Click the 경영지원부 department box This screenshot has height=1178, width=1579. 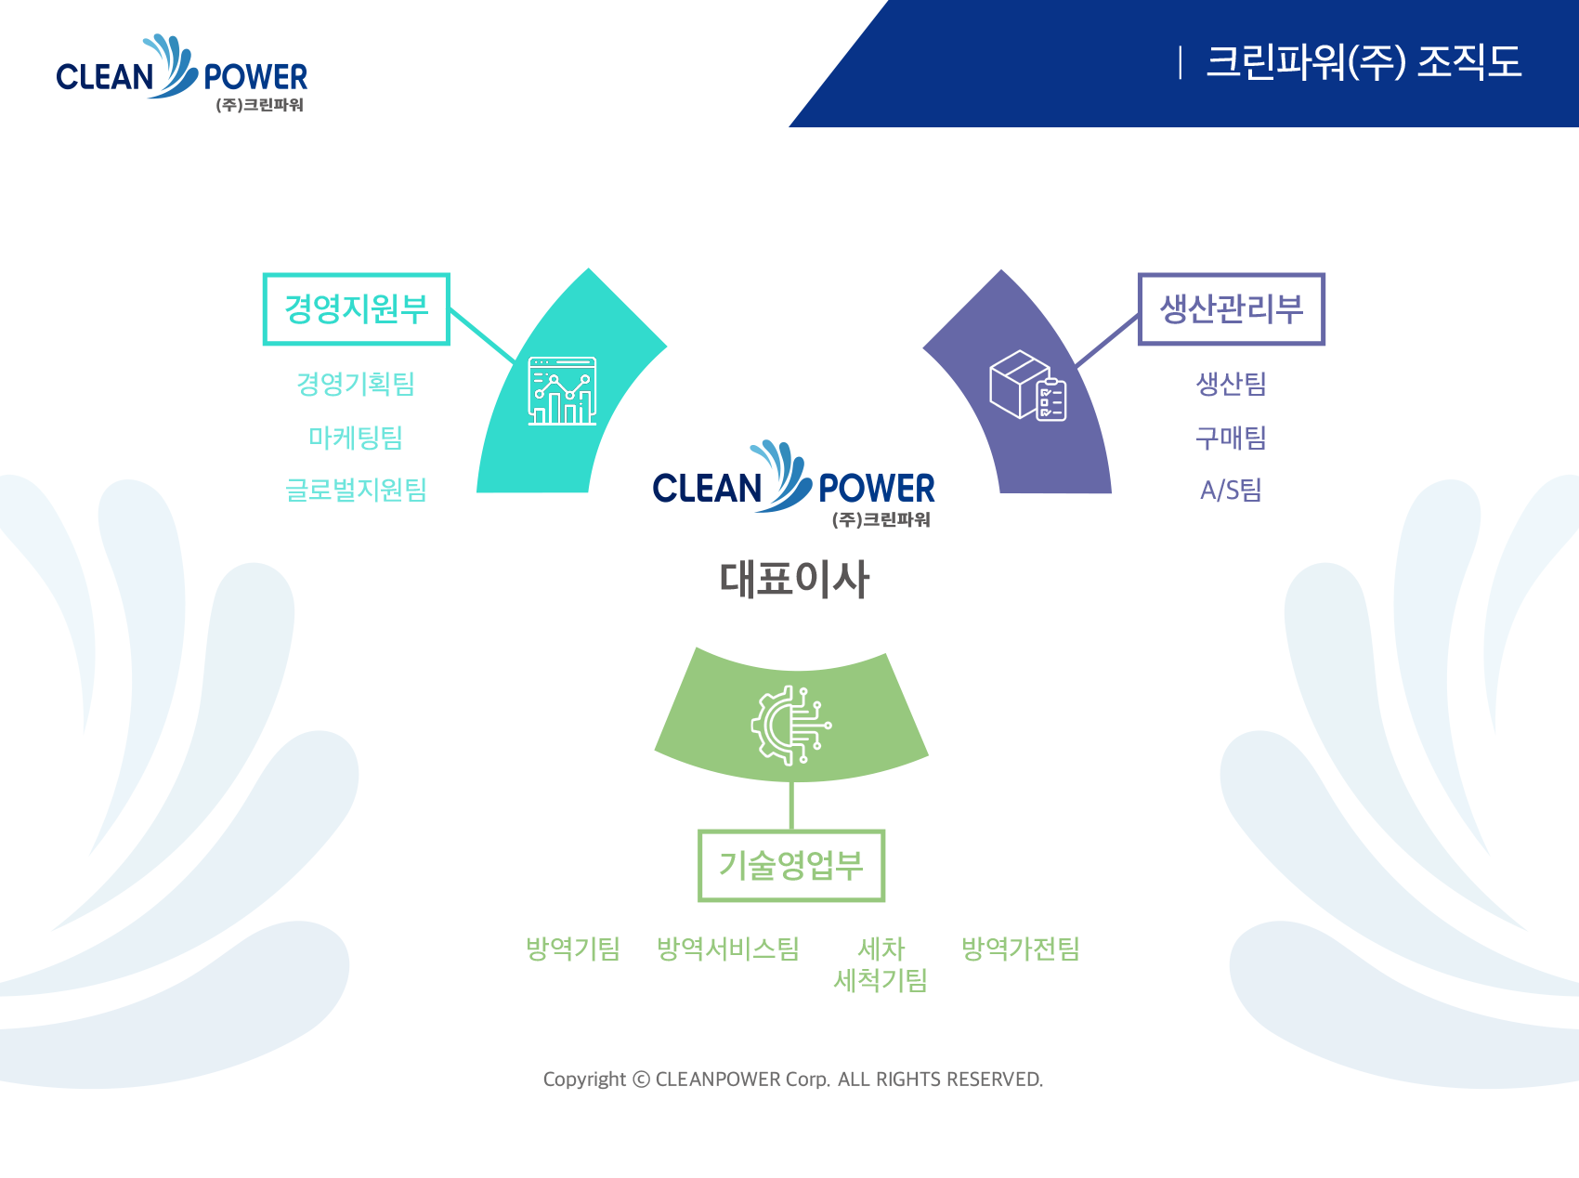click(357, 309)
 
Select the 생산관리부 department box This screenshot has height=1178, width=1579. click(1232, 309)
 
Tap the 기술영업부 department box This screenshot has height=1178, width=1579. click(791, 866)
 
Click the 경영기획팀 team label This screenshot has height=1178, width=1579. click(356, 384)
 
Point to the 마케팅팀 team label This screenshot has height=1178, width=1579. click(356, 437)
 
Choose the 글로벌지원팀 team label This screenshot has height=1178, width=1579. click(356, 490)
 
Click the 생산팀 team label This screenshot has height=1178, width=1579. click(1232, 384)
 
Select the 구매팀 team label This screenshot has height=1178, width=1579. click(1232, 437)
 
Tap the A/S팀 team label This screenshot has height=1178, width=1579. click(1232, 490)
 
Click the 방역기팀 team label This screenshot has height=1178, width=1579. click(573, 949)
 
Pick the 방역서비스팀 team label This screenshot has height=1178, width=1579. click(728, 949)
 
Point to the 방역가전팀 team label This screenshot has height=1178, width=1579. click(1021, 949)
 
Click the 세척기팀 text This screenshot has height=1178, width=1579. click(881, 980)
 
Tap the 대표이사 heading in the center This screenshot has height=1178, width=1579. click(795, 579)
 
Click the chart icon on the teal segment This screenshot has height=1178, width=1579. click(562, 390)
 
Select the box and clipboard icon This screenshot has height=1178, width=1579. click(1028, 386)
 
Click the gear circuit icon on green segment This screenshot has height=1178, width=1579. click(791, 726)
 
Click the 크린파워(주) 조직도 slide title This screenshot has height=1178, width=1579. click(1364, 62)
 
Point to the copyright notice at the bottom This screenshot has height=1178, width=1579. click(793, 1080)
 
